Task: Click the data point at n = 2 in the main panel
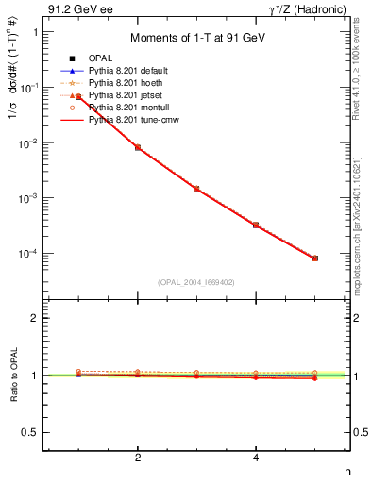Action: (x=138, y=147)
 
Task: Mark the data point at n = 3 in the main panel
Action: (x=196, y=189)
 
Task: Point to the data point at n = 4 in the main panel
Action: (x=256, y=225)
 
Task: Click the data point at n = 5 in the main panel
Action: (x=315, y=258)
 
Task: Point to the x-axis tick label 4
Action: (x=256, y=458)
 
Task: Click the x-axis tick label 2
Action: (x=138, y=458)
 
